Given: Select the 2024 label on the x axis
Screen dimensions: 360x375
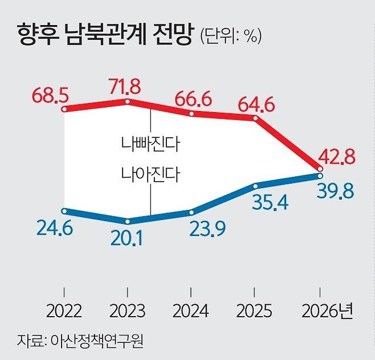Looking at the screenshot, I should (x=191, y=312).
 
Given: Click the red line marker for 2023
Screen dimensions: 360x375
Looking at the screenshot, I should (x=127, y=101).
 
